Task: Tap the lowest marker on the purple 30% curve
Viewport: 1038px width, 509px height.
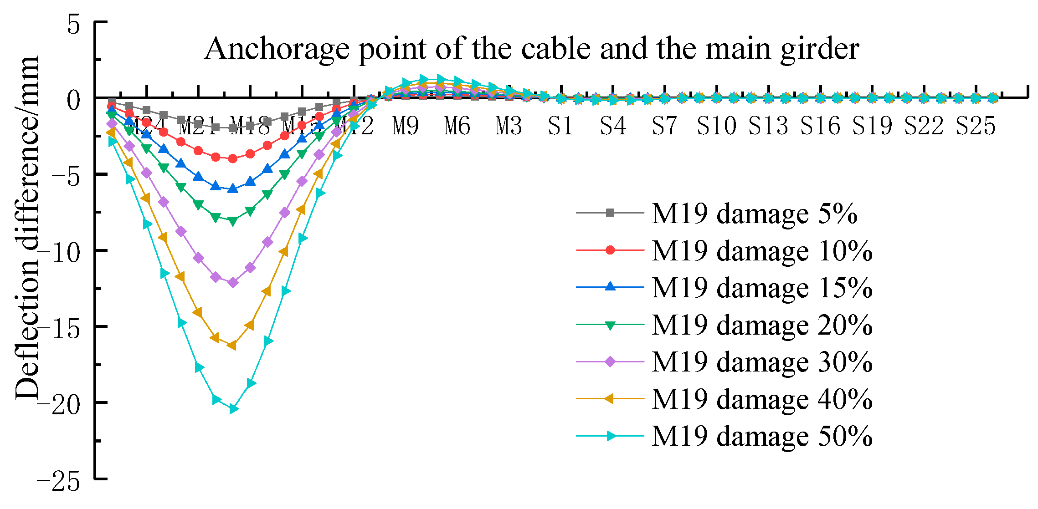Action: point(233,283)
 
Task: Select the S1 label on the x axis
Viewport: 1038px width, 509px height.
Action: point(560,126)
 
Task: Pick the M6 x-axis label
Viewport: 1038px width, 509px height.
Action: point(457,126)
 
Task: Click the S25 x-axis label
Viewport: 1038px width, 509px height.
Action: point(975,126)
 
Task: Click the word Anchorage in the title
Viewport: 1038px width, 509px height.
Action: point(277,49)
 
